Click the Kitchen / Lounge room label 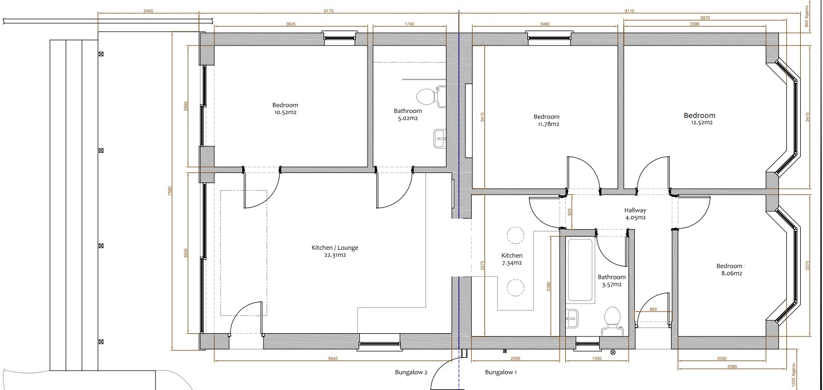335,248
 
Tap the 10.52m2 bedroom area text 285,112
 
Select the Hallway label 635,210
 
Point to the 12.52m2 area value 699,123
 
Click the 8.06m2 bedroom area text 729,273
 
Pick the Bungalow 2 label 410,372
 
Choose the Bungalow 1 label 501,372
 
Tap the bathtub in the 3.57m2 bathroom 580,270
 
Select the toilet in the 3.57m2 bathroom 612,319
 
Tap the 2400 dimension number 148,11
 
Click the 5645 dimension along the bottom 333,358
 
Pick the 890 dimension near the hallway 654,309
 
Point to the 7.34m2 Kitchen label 512,263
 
